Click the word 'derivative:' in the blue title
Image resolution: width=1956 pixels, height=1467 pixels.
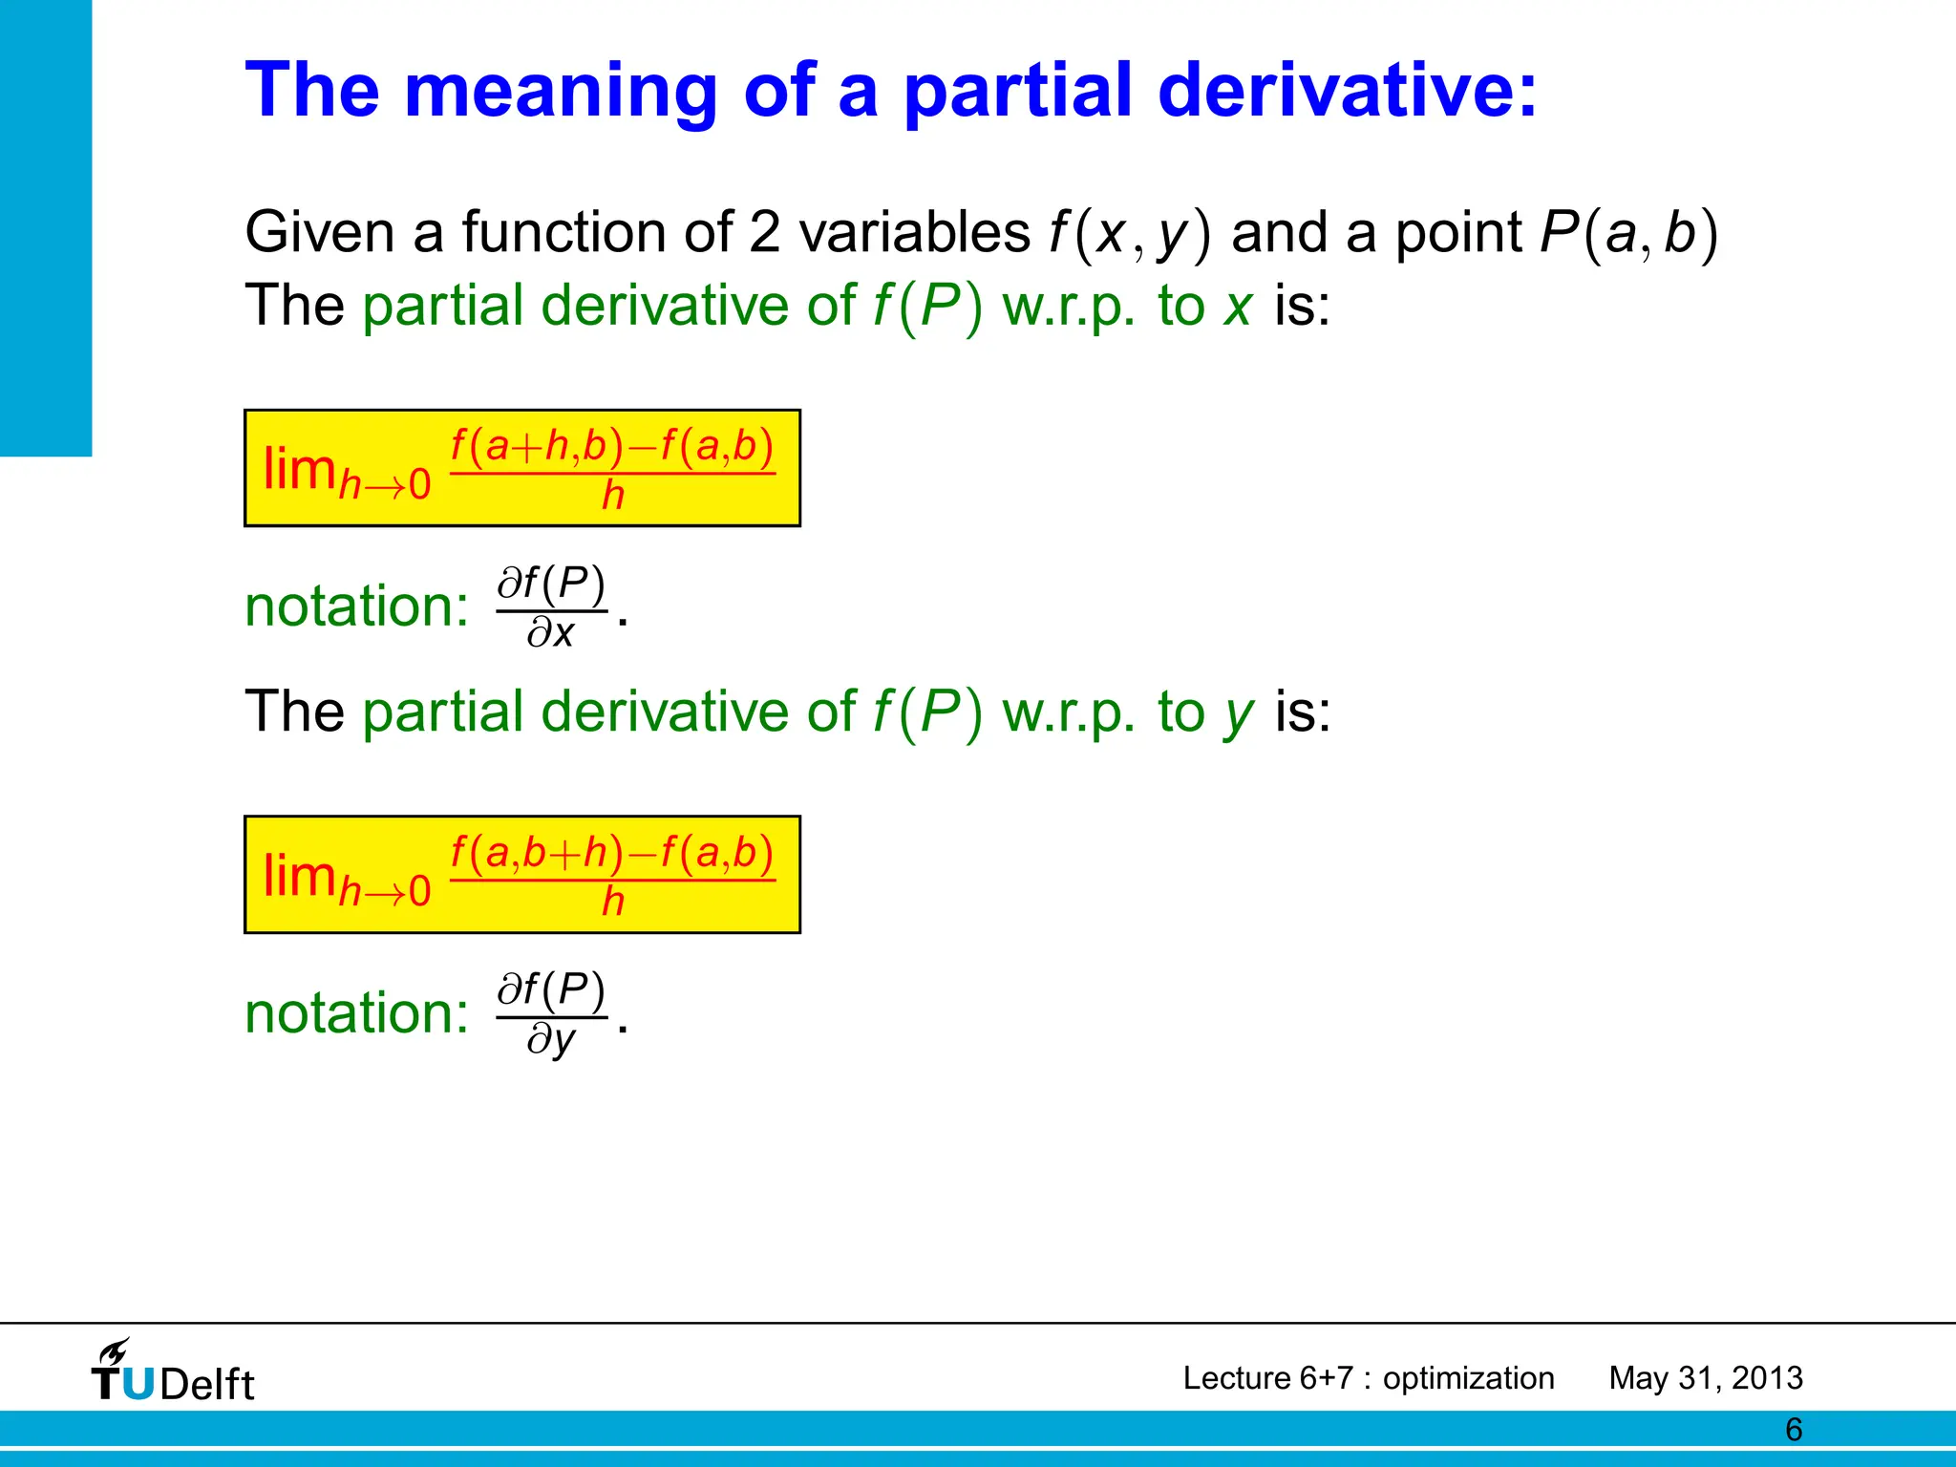point(1347,91)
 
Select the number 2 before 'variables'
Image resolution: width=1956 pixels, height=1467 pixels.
point(764,232)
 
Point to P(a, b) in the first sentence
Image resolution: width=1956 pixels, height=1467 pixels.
point(1628,232)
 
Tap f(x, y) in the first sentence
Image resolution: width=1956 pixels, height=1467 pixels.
point(1130,232)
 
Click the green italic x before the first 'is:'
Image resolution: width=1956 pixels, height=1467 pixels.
point(1238,307)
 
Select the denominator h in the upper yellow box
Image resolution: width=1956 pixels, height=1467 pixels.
point(612,496)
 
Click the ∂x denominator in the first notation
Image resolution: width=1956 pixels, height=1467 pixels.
point(550,632)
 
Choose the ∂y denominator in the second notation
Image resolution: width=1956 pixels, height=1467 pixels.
point(551,1039)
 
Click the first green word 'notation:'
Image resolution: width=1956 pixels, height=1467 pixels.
point(356,606)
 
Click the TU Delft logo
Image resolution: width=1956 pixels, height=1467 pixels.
point(173,1371)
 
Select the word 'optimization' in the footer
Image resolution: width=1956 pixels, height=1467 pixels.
point(1468,1378)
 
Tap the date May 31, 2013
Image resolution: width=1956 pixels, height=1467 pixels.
point(1705,1378)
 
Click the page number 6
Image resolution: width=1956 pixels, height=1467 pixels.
point(1794,1430)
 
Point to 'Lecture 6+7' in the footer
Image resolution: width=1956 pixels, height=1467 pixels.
point(1267,1378)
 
